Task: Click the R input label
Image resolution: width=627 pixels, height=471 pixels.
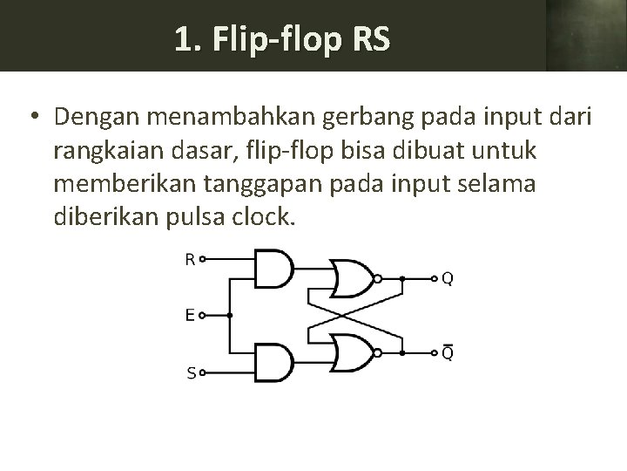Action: (x=190, y=258)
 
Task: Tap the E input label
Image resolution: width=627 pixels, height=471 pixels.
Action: (x=190, y=316)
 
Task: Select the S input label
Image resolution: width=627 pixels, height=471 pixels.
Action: (x=190, y=373)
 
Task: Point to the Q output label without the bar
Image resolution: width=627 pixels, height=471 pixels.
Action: (x=447, y=279)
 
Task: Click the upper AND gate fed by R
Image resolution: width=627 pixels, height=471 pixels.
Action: (x=273, y=268)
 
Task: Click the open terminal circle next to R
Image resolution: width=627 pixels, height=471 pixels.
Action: (x=203, y=258)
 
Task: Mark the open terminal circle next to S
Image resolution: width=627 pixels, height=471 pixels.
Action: (x=203, y=373)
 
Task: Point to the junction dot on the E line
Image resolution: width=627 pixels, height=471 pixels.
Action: (x=228, y=316)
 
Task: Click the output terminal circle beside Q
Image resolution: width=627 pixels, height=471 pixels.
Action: (x=434, y=279)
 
